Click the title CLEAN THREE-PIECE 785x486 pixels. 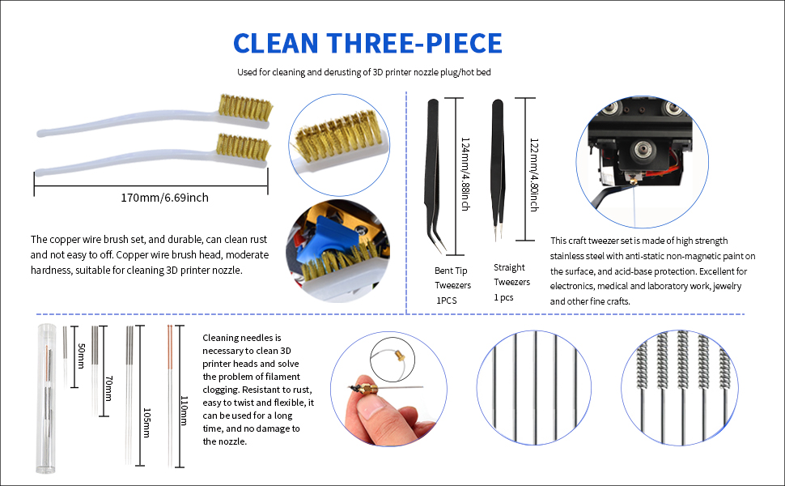367,42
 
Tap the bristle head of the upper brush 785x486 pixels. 245,107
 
